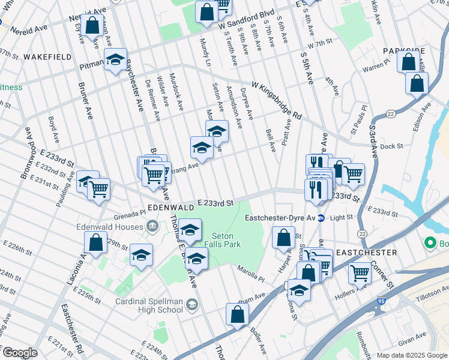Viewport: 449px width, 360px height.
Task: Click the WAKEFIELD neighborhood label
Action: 47,57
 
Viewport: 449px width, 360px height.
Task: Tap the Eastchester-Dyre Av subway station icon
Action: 321,218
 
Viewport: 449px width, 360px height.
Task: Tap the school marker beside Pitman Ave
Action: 115,60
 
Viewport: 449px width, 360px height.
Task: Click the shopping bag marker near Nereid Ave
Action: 92,26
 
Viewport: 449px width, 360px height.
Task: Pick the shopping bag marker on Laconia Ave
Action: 95,243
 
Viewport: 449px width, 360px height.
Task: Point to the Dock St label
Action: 390,146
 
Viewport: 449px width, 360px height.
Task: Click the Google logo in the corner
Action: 19,353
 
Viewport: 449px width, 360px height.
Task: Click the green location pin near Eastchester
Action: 430,244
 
